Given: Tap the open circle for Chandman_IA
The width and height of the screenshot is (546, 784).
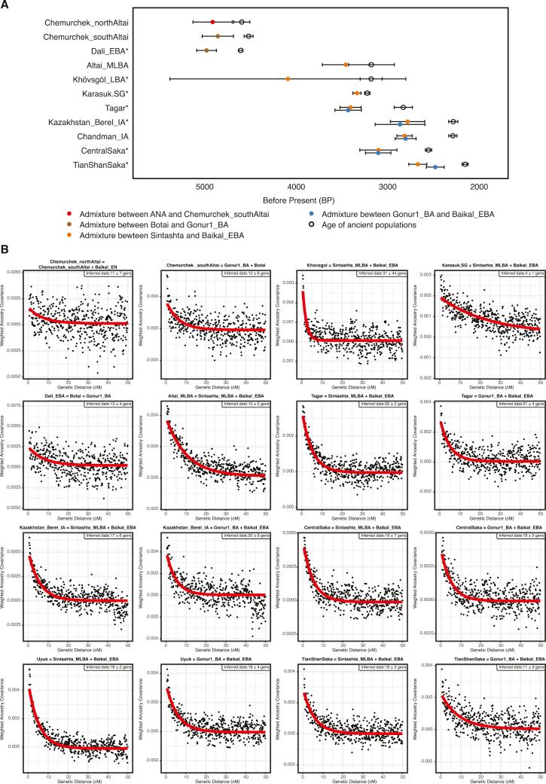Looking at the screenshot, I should point(453,136).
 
